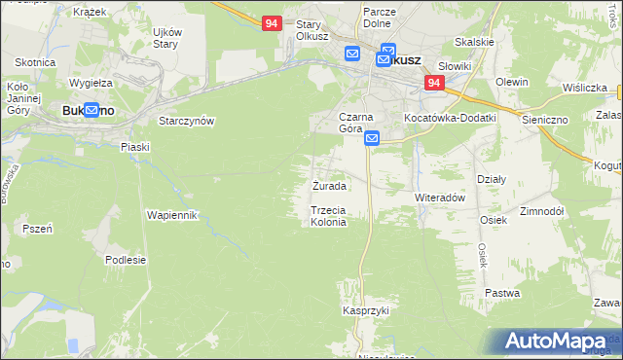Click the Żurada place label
[x=328, y=185]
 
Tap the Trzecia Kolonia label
[x=328, y=216]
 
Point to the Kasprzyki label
[x=366, y=310]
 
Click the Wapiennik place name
[x=172, y=214]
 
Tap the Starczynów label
[x=186, y=121]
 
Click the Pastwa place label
[x=502, y=293]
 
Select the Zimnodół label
[x=542, y=211]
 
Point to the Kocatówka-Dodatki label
[x=450, y=118]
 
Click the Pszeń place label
[x=37, y=229]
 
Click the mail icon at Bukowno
[x=92, y=111]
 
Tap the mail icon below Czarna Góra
[x=373, y=140]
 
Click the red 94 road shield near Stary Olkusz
[x=272, y=21]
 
